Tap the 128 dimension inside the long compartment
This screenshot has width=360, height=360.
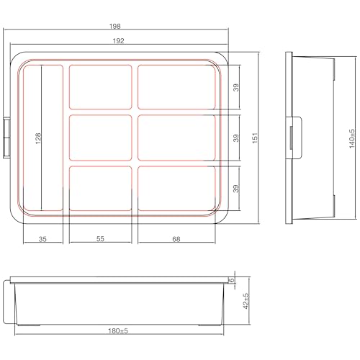click(x=37, y=136)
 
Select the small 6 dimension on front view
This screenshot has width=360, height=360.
click(x=233, y=279)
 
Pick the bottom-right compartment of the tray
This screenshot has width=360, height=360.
click(x=177, y=188)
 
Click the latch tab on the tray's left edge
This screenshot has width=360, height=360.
click(x=7, y=137)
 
